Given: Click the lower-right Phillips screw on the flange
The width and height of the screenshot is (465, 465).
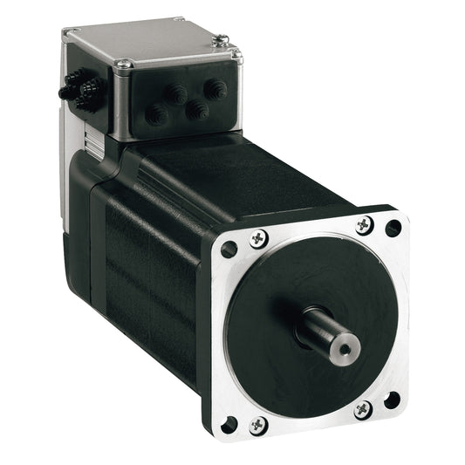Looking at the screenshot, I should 363,408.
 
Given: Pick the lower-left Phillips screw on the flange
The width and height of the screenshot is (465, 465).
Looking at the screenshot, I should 257,425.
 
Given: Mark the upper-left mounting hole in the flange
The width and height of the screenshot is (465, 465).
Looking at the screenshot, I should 229,250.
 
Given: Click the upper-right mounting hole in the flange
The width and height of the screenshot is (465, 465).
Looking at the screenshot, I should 393,229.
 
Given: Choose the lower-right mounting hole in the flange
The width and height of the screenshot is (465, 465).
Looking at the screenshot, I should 393,400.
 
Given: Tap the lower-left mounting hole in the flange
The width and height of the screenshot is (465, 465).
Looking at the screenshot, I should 229,426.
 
